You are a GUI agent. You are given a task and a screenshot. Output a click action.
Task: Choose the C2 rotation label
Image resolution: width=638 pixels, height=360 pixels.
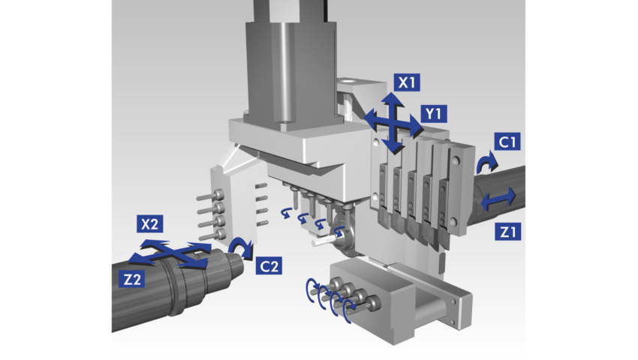click(x=269, y=265)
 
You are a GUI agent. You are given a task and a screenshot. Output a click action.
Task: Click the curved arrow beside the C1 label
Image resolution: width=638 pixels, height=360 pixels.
click(x=485, y=160)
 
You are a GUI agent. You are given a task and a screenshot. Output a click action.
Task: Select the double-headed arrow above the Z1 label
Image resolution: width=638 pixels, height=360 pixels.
click(x=498, y=199)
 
